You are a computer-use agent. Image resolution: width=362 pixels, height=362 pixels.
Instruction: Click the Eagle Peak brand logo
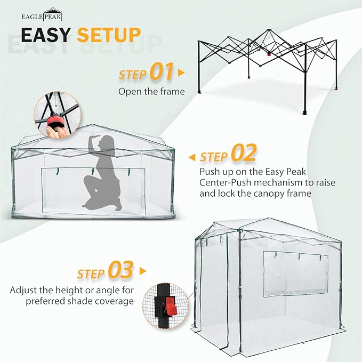(x=49, y=13)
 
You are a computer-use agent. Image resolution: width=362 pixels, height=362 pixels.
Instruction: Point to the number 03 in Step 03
(x=120, y=271)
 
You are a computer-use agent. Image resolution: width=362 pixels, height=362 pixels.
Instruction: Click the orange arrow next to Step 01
(x=181, y=72)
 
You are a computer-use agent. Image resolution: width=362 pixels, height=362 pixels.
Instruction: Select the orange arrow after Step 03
(x=142, y=271)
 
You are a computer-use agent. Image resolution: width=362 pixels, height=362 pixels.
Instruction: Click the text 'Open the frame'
(x=151, y=91)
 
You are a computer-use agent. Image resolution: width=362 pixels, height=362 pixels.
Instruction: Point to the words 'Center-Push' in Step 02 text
(x=223, y=182)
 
